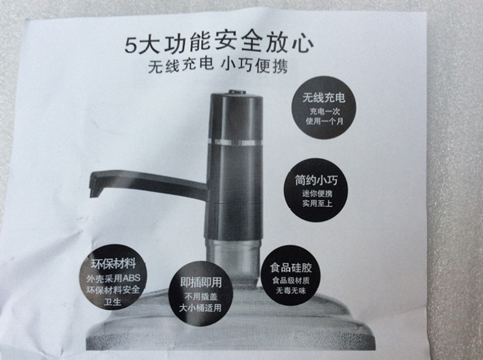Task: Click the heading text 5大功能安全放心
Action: click(x=219, y=43)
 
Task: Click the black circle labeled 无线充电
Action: click(x=324, y=108)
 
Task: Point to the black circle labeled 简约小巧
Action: click(x=316, y=190)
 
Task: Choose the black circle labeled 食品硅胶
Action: click(x=291, y=275)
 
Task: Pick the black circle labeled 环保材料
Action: click(x=114, y=277)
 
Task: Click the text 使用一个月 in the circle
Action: click(x=324, y=121)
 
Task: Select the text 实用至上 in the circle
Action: click(x=318, y=204)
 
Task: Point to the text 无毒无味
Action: click(x=291, y=291)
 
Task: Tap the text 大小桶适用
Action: click(x=200, y=307)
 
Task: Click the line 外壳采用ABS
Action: click(x=114, y=278)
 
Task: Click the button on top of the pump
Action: click(x=237, y=92)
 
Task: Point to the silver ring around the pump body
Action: click(x=235, y=142)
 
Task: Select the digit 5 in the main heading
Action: click(x=130, y=45)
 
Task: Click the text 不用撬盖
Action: click(x=201, y=297)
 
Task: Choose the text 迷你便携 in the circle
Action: click(x=318, y=193)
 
